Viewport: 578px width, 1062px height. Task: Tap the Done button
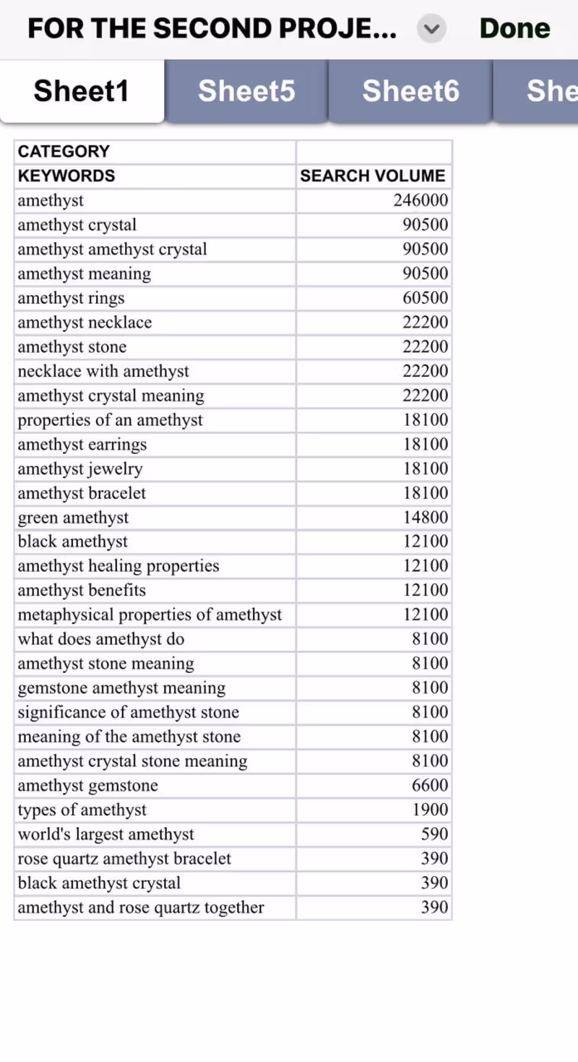click(x=514, y=29)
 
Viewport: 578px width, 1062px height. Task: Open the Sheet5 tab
click(x=246, y=91)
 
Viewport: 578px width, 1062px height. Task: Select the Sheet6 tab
click(x=410, y=91)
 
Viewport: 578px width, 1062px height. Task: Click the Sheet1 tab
click(x=82, y=91)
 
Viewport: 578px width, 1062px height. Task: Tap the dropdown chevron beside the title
click(x=431, y=29)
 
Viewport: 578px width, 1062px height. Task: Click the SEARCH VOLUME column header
click(x=373, y=176)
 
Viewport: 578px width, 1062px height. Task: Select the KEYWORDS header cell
click(x=66, y=176)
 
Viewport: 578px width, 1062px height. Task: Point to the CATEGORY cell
click(x=64, y=151)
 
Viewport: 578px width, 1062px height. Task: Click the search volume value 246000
click(x=420, y=200)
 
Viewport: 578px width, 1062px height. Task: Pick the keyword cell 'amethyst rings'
click(x=71, y=298)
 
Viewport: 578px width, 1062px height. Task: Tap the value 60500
click(x=425, y=298)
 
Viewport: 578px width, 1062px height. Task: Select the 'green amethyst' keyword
click(x=73, y=518)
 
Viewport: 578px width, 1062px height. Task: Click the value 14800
click(x=425, y=518)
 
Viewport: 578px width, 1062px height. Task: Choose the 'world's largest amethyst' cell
click(x=106, y=834)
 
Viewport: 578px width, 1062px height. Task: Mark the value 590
click(x=434, y=834)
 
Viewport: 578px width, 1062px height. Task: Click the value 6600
click(x=429, y=785)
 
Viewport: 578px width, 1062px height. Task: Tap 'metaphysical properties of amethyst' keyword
click(x=150, y=614)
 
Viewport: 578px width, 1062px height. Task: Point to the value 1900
click(x=429, y=810)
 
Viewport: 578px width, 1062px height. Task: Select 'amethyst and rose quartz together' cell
click(x=141, y=907)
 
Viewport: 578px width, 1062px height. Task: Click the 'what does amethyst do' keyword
click(x=101, y=639)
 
